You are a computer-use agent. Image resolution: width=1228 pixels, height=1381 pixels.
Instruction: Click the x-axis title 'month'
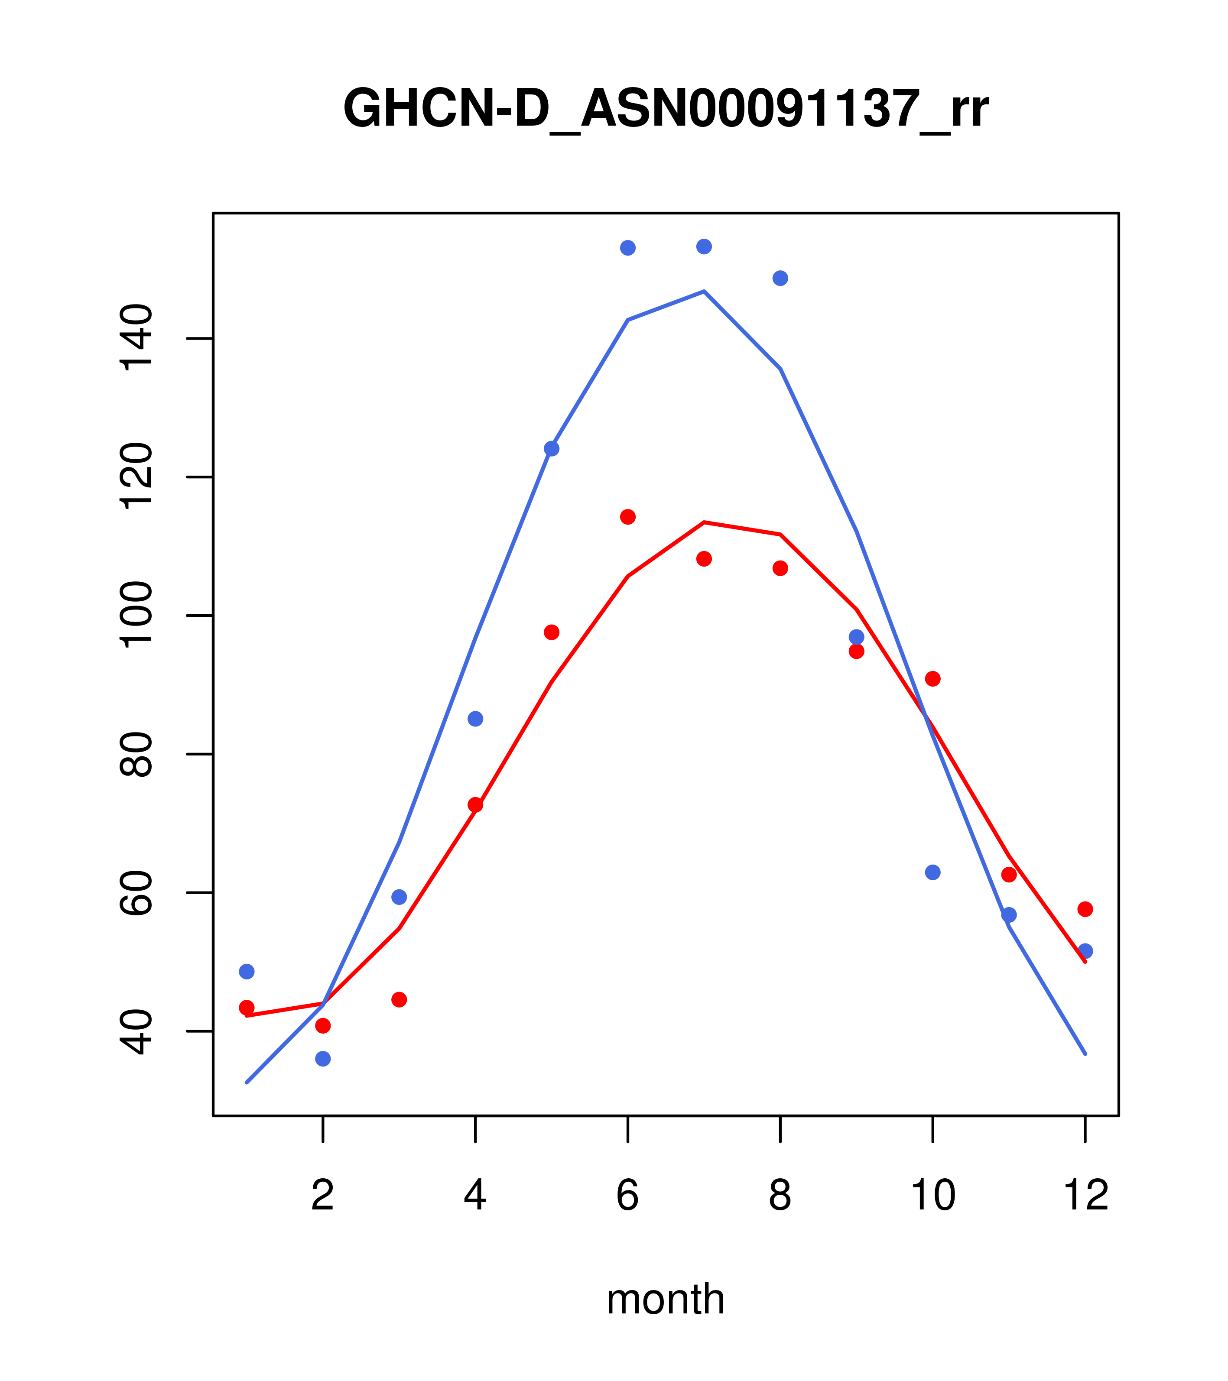coord(666,1299)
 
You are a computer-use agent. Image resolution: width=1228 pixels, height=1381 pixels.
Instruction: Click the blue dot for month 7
coord(704,246)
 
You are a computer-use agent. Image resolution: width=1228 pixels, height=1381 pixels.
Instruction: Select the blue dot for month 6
coord(628,248)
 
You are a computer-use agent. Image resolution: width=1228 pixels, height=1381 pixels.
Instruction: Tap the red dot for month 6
coord(628,517)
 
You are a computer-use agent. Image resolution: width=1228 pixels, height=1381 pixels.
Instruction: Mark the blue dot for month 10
coord(932,872)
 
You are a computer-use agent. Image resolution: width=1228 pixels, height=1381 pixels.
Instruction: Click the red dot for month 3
coord(400,999)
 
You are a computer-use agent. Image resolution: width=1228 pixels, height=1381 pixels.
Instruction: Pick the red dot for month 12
coord(1085,909)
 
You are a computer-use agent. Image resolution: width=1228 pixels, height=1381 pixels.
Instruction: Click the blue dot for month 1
coord(247,972)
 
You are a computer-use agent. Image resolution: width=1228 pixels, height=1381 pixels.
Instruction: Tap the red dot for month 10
coord(932,679)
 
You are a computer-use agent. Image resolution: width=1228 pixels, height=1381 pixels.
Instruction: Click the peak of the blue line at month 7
coord(704,291)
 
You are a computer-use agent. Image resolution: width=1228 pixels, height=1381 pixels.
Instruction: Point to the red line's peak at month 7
coord(704,522)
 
